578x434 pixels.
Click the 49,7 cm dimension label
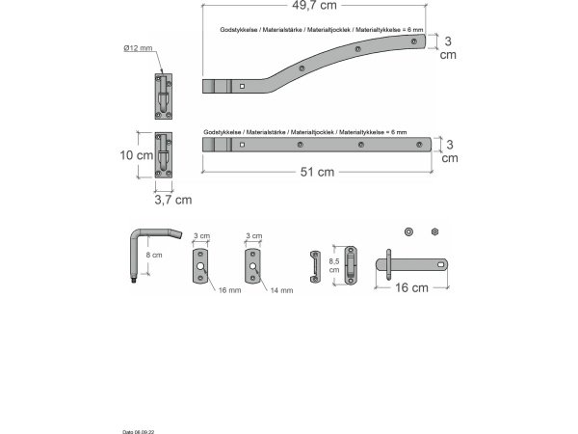click(x=314, y=5)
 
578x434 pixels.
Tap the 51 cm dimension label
click(x=317, y=172)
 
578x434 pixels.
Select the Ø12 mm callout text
click(x=138, y=48)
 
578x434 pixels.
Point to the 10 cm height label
click(x=137, y=155)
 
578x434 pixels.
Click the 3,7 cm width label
click(x=173, y=200)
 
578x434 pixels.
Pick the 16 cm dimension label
click(x=411, y=287)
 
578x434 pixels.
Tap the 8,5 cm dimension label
click(x=334, y=265)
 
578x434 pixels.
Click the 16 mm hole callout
click(x=229, y=290)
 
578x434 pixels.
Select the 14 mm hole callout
click(x=281, y=290)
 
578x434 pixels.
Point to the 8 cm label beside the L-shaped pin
click(x=154, y=255)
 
